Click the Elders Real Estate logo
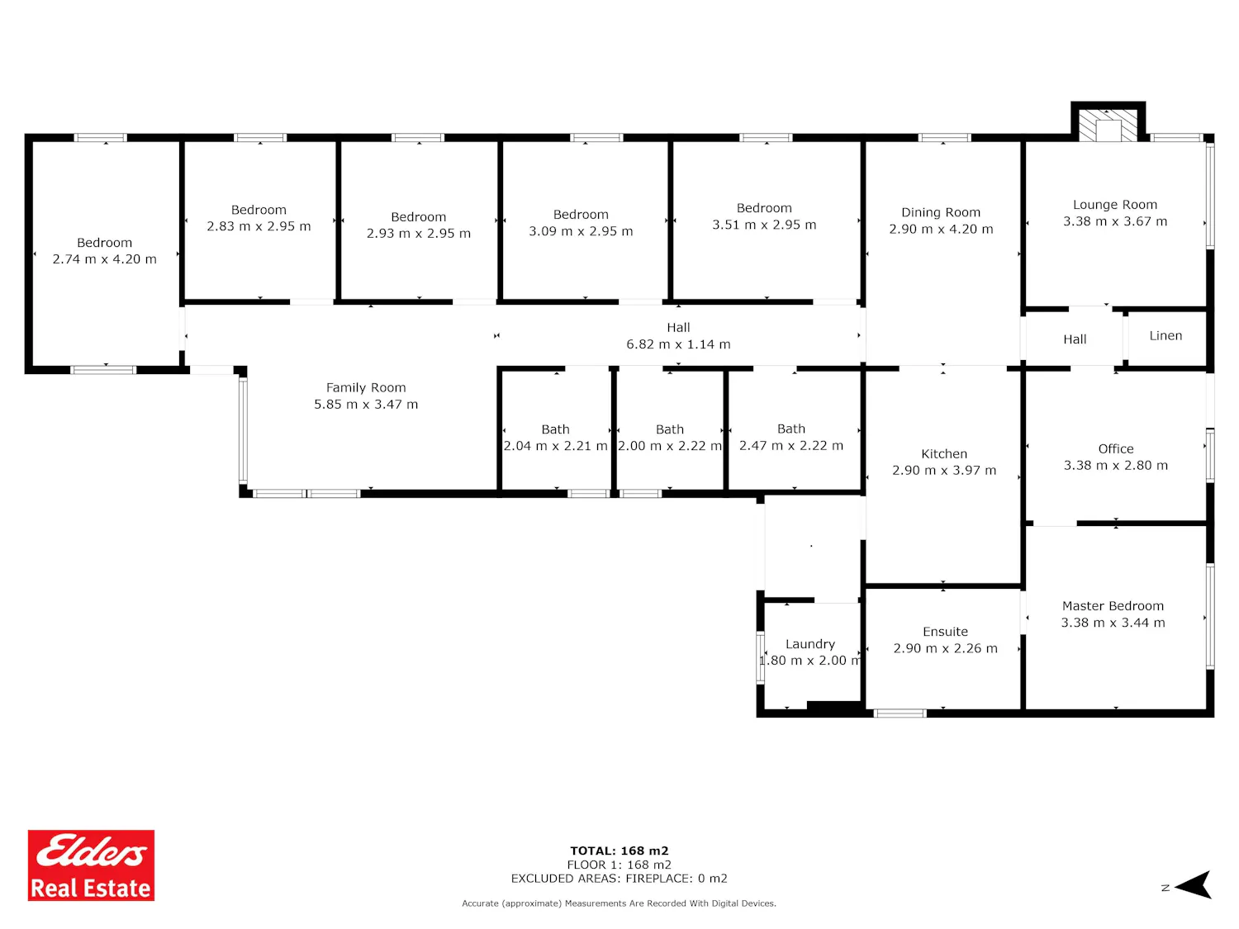pyautogui.click(x=91, y=865)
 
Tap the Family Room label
pyautogui.click(x=366, y=387)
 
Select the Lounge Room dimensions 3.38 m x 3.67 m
pyautogui.click(x=1115, y=221)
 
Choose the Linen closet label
pyautogui.click(x=1165, y=335)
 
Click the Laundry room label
pyautogui.click(x=810, y=644)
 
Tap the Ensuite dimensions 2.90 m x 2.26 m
pyautogui.click(x=945, y=648)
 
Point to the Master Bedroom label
pyautogui.click(x=1113, y=606)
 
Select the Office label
pyautogui.click(x=1115, y=448)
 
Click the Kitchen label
pyautogui.click(x=944, y=453)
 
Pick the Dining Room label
pyautogui.click(x=940, y=212)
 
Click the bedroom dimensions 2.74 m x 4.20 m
pyautogui.click(x=104, y=259)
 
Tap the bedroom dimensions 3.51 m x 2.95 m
pyautogui.click(x=764, y=225)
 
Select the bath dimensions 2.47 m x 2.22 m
pyautogui.click(x=790, y=445)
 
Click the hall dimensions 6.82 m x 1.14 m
pyautogui.click(x=678, y=344)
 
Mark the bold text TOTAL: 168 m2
pyautogui.click(x=619, y=851)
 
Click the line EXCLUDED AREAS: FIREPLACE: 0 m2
pyautogui.click(x=619, y=879)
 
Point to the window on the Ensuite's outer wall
pyautogui.click(x=900, y=713)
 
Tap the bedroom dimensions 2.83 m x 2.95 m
pyautogui.click(x=259, y=226)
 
